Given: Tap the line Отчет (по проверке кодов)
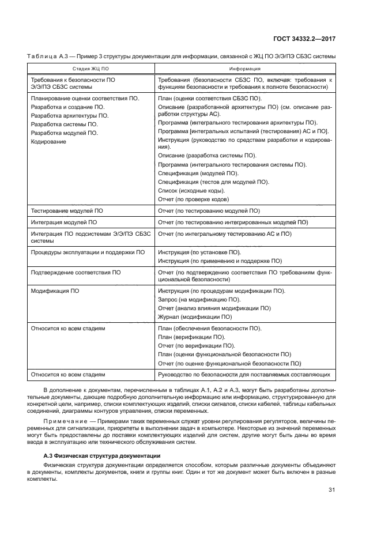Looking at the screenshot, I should click(x=193, y=199).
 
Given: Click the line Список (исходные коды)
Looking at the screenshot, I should click(x=191, y=191).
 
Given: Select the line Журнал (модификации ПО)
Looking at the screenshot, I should click(x=195, y=316).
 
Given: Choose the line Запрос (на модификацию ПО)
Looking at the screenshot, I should click(x=199, y=300).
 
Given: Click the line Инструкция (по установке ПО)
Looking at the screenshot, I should click(x=199, y=252).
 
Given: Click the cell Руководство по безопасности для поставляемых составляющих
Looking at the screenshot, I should click(x=244, y=375).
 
